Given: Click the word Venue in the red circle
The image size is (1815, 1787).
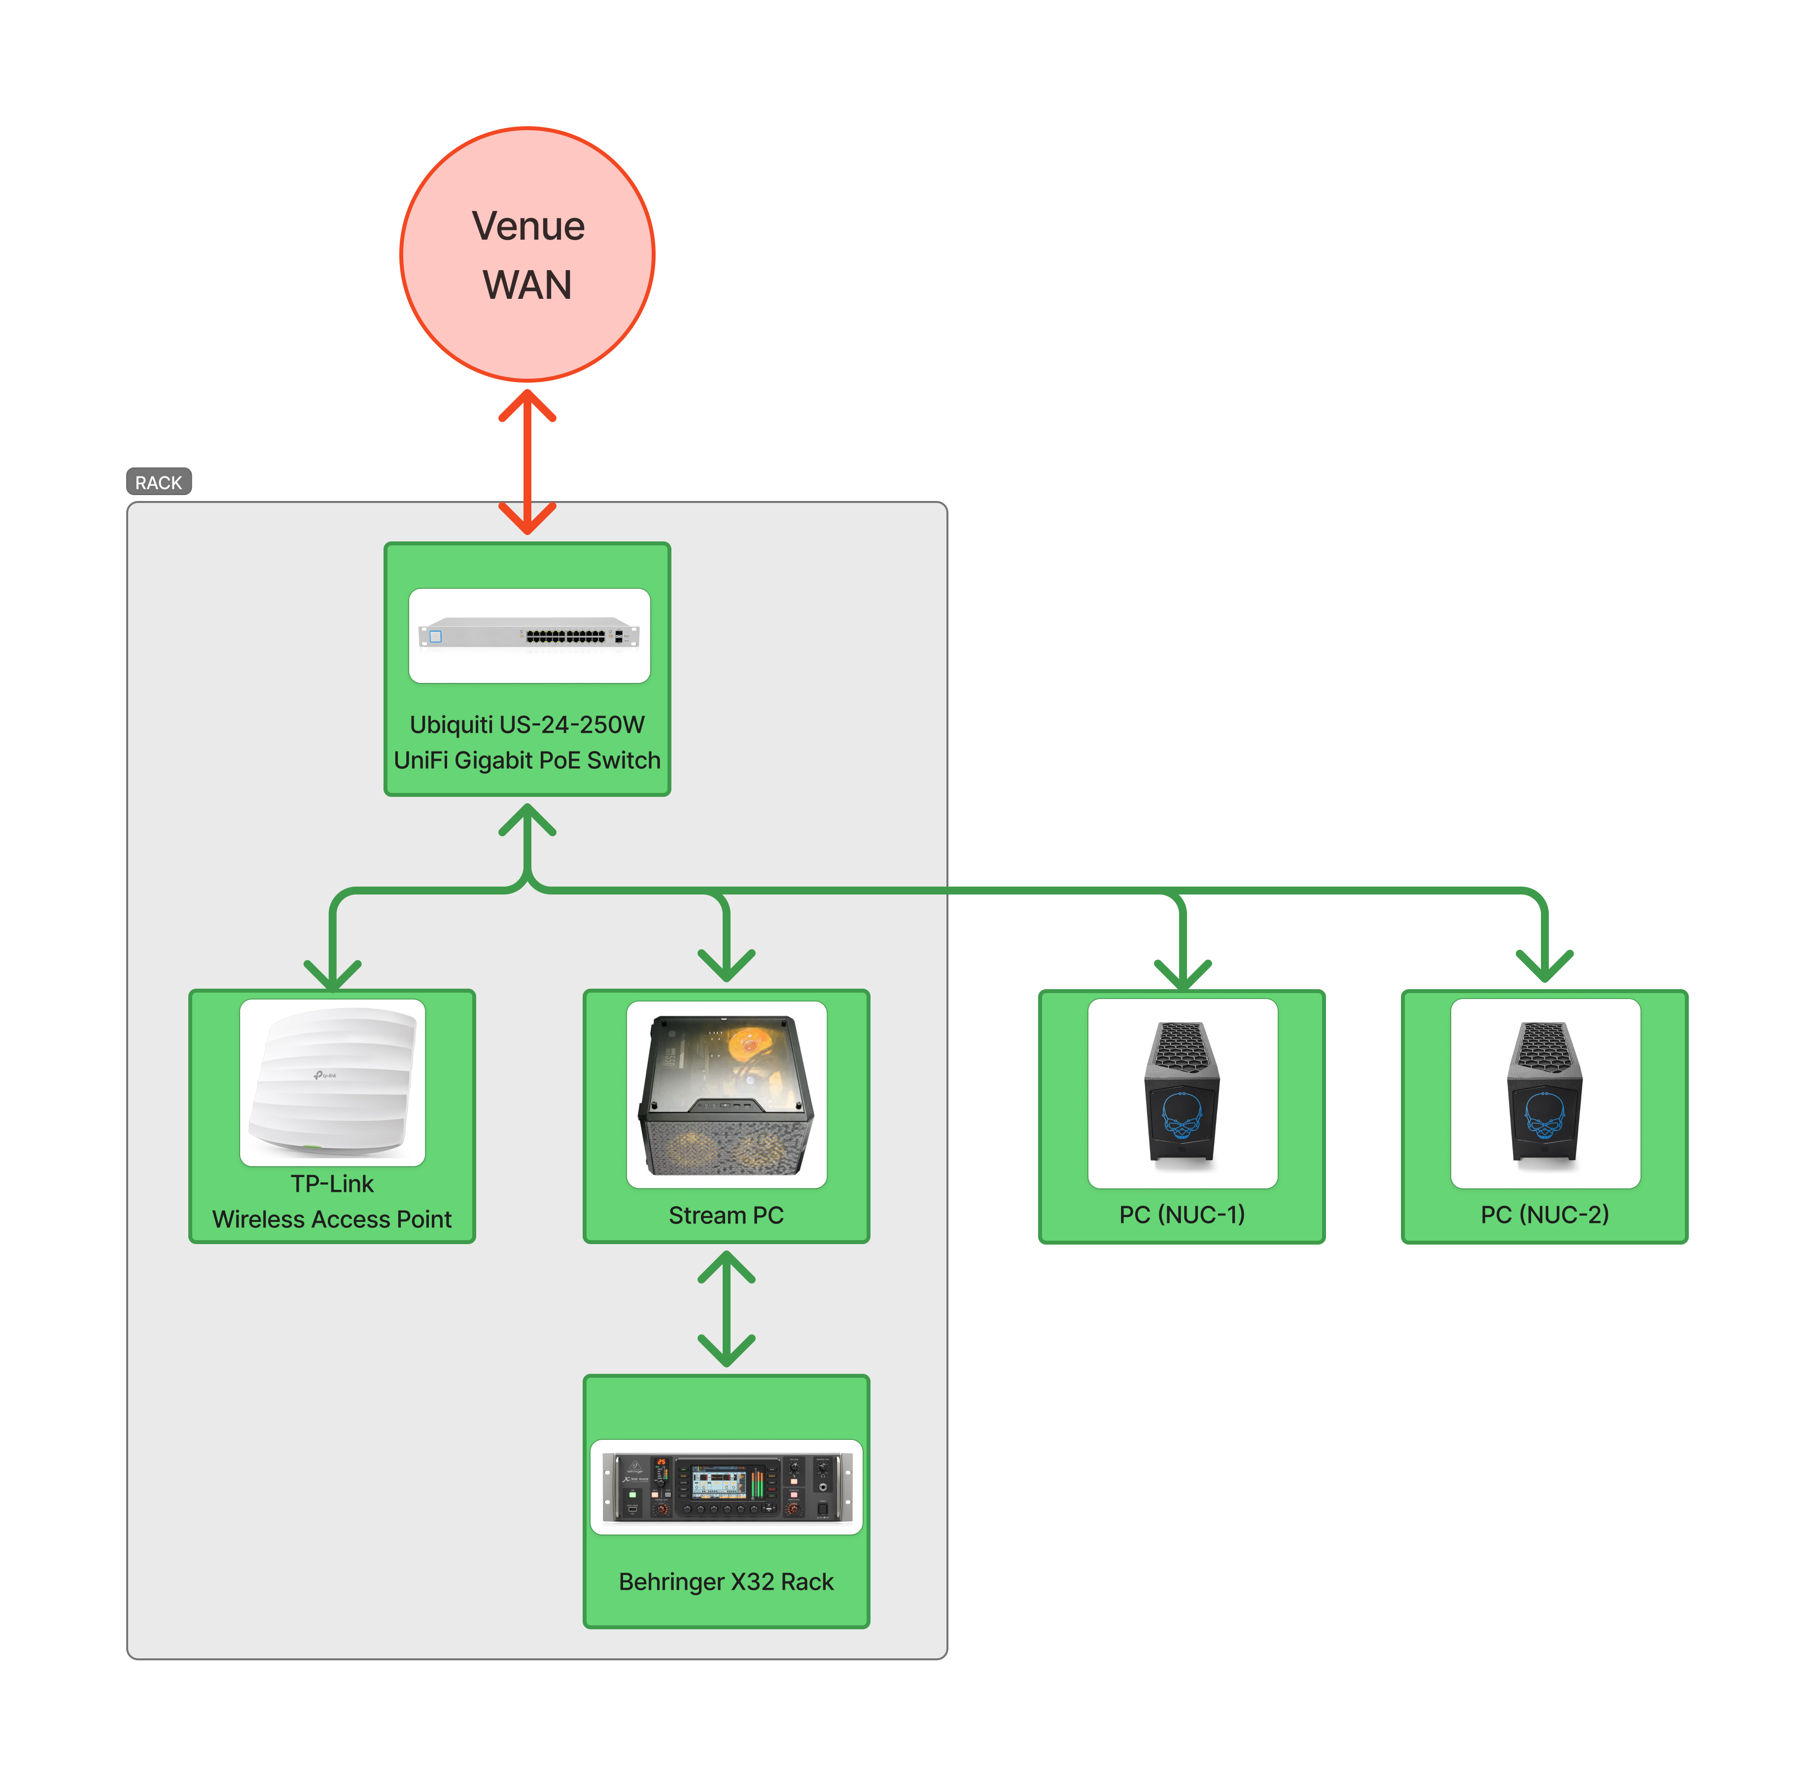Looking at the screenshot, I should click(x=527, y=226).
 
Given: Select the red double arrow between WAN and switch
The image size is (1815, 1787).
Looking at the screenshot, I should click(x=527, y=462).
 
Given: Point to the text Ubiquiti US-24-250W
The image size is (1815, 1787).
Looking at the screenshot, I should click(x=527, y=724).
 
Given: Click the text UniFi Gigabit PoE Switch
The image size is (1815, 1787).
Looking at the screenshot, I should click(x=527, y=760).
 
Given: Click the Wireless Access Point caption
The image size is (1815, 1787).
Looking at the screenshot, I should click(x=332, y=1219).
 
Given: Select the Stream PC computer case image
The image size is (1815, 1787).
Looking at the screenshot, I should click(x=727, y=1094).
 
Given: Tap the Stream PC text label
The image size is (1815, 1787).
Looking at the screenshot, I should click(x=727, y=1215).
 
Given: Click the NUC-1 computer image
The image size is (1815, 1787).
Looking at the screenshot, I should click(x=1183, y=1093).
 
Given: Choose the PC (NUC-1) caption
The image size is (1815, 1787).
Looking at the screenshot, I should click(x=1183, y=1215).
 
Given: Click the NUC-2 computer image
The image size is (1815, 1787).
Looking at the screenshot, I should click(x=1545, y=1093).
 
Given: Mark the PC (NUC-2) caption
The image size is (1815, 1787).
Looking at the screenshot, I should click(x=1545, y=1215).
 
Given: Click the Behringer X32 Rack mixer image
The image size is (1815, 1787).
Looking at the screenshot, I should click(x=727, y=1487).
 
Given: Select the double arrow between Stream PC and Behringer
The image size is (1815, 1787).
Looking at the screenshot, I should click(x=727, y=1309).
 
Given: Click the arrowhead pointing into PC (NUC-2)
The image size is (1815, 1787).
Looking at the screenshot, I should click(x=1545, y=966).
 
